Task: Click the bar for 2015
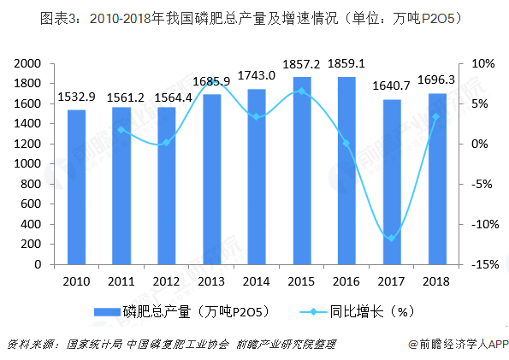click(302, 171)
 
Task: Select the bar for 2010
click(75, 187)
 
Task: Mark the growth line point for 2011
click(121, 129)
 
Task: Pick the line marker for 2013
click(211, 86)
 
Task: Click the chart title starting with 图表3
click(253, 18)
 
